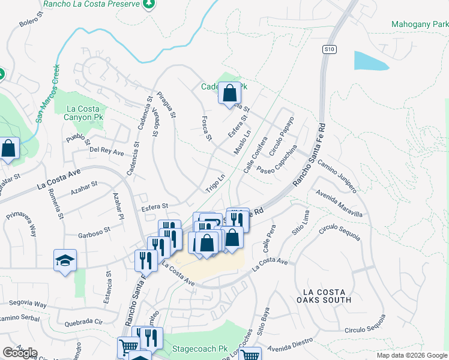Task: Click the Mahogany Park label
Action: coord(419,25)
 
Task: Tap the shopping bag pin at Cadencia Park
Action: coord(229,94)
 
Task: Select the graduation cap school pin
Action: coord(65,260)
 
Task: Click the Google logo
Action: coord(20,353)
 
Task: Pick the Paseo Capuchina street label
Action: coord(277,160)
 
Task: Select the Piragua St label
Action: coord(166,104)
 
